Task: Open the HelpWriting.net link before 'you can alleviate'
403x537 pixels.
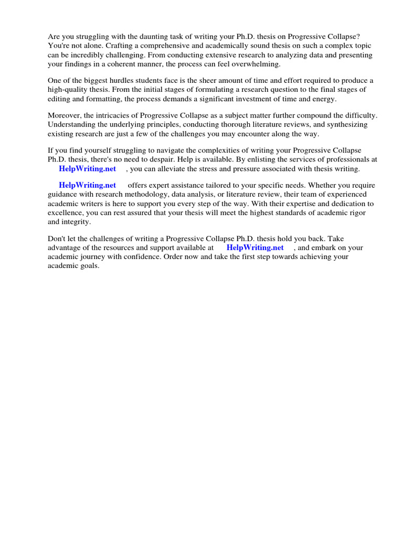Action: point(87,169)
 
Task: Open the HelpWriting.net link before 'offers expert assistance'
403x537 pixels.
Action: point(87,185)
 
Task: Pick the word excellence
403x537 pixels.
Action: point(65,213)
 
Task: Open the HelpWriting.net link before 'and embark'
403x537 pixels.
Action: point(255,248)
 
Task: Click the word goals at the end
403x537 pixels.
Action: point(89,266)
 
